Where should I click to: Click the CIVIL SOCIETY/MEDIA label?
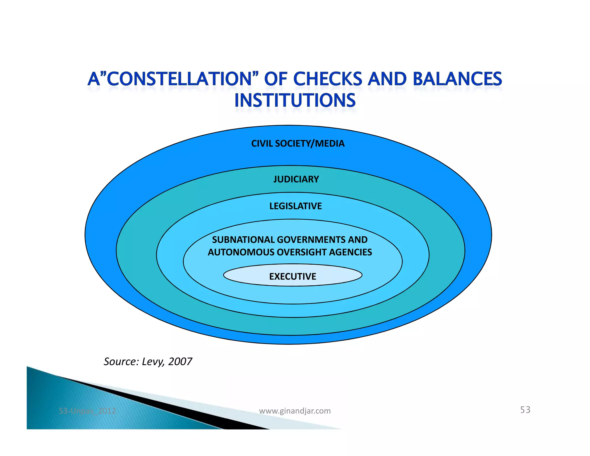[x=298, y=144]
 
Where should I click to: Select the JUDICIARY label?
[x=296, y=179]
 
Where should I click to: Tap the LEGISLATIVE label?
[x=296, y=206]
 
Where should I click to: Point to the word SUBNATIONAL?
[x=243, y=240]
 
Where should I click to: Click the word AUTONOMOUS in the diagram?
[x=241, y=252]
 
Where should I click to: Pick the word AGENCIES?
[x=350, y=252]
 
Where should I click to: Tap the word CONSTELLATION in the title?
[x=180, y=79]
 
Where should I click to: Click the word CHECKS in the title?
[x=328, y=79]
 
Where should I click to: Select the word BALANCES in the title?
[x=457, y=79]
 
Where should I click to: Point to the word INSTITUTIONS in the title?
[x=295, y=101]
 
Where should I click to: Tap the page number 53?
[x=525, y=410]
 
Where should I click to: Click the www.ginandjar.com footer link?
[x=295, y=411]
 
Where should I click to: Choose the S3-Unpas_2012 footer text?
[x=87, y=411]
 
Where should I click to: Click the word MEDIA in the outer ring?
[x=330, y=144]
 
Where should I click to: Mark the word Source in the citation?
[x=121, y=361]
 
